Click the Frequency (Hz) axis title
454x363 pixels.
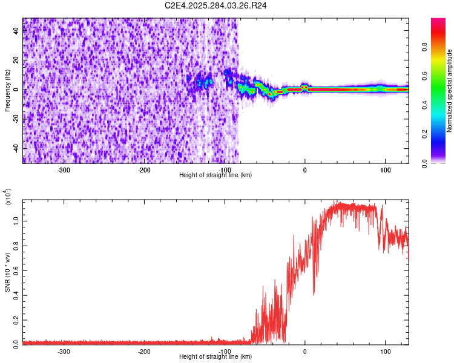[x=7, y=91]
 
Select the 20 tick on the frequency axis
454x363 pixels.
[x=16, y=60]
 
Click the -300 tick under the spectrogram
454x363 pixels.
[x=64, y=169]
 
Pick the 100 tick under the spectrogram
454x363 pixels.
[x=385, y=169]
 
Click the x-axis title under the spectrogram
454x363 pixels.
[x=215, y=175]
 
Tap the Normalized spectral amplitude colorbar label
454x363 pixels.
[x=449, y=91]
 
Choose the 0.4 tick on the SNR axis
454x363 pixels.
[x=16, y=295]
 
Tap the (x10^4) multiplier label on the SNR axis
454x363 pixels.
[x=7, y=197]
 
